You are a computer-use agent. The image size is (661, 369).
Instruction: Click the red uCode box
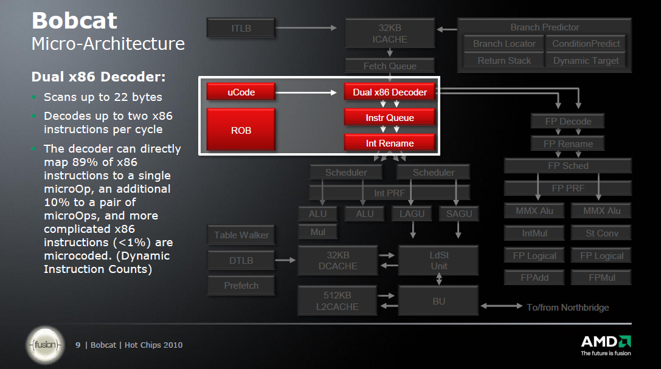point(241,92)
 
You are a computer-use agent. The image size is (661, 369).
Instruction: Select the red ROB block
point(241,129)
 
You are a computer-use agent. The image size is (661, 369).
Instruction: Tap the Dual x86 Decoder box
point(390,92)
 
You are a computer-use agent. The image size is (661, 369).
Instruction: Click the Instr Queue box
point(390,118)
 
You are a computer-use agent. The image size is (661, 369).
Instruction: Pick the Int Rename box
point(390,143)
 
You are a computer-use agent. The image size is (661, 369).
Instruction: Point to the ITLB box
point(241,28)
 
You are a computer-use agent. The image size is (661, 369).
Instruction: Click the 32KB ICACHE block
point(390,33)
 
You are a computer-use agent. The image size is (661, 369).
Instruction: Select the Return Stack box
point(504,60)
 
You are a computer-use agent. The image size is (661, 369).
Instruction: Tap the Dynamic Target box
point(586,60)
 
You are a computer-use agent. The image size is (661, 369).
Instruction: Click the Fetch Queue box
point(390,66)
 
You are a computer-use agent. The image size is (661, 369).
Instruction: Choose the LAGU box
point(412,213)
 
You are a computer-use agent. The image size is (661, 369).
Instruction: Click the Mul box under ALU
point(317,232)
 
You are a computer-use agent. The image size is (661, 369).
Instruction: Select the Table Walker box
point(241,235)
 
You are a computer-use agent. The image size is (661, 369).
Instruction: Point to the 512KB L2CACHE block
point(337,301)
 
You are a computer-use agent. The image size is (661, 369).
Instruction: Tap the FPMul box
point(601,278)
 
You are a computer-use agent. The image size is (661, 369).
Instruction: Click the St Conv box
point(601,233)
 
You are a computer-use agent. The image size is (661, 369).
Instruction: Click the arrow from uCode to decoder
point(307,92)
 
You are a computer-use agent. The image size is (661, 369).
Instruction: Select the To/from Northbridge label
point(567,308)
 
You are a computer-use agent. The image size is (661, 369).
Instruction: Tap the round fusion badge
point(45,345)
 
